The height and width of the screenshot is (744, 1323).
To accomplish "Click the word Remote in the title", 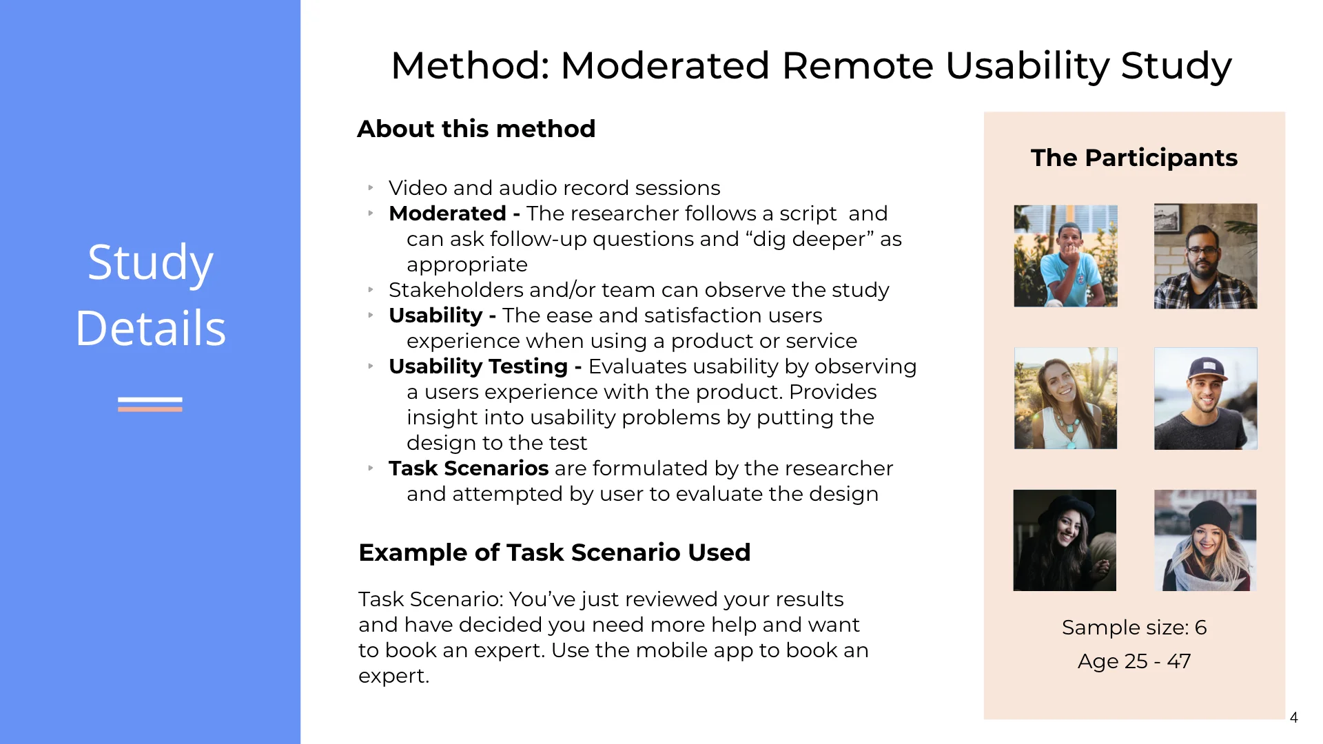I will coord(857,66).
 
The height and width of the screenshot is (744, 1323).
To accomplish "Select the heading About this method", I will coord(476,129).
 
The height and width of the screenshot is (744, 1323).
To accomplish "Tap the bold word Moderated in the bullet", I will coord(447,214).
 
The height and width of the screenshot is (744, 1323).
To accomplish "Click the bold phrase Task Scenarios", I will coord(469,468).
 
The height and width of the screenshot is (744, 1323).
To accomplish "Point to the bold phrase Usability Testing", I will coord(478,366).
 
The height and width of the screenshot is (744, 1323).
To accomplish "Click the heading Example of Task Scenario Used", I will coord(554,552).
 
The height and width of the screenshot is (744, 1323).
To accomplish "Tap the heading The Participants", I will coord(1134,158).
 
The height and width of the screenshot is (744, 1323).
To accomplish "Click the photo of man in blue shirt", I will coord(1065,256).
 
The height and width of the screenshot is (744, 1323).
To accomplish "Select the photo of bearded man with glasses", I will coord(1205,256).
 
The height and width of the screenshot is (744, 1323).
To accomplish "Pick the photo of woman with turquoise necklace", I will coord(1065,398).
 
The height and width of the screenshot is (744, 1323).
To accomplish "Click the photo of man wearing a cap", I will coord(1205,398).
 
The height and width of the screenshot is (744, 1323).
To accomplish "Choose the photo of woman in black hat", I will coord(1065,540).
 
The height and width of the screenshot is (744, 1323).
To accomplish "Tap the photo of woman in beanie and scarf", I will coord(1205,540).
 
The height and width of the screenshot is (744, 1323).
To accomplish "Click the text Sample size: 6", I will coord(1134,628).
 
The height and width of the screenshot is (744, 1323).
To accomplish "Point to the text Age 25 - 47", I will coord(1134,661).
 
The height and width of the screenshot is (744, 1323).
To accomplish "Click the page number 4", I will coord(1293,718).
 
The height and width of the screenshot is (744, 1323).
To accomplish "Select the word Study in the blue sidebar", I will coord(150,262).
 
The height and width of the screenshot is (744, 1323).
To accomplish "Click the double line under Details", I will coord(150,404).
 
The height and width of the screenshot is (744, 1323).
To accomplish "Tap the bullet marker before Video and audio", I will coord(371,187).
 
